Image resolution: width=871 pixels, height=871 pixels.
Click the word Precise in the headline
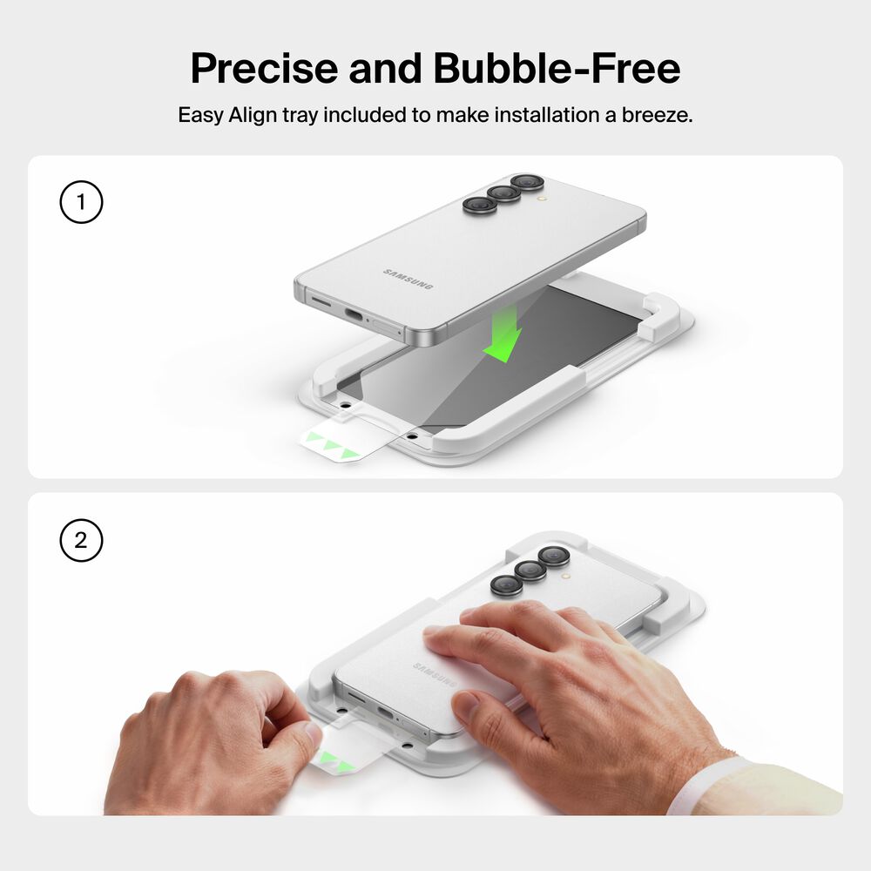[264, 69]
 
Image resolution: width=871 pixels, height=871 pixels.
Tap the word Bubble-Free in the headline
[557, 68]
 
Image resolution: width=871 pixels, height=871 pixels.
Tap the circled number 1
[81, 202]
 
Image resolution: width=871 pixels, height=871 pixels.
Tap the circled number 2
[81, 540]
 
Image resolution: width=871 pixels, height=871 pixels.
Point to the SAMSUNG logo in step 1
[408, 279]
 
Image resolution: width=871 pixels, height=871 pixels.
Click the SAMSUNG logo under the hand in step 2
[435, 674]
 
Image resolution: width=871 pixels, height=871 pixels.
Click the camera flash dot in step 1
[539, 198]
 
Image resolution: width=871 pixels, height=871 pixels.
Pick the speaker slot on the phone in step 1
[320, 301]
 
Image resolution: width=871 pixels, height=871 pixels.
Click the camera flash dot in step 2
[565, 577]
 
